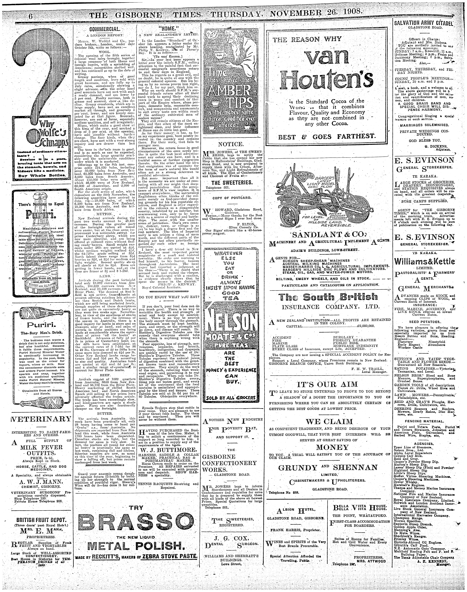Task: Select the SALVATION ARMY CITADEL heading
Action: pos(424,23)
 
